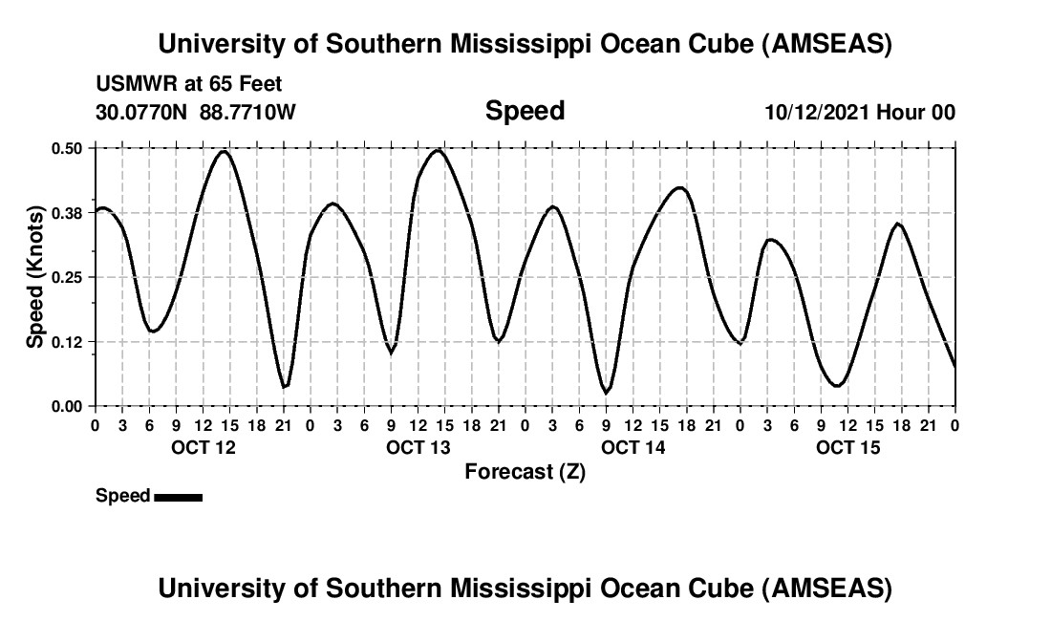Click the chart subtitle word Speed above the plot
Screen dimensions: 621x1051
tap(525, 111)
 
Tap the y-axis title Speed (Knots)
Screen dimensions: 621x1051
tap(35, 276)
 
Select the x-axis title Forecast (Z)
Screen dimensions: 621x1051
tap(525, 471)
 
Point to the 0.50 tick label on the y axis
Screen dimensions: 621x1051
tap(67, 148)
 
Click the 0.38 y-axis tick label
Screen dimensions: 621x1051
tap(67, 213)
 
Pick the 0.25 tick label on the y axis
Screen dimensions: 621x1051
tap(67, 277)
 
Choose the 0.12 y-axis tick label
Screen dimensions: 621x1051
tap(67, 342)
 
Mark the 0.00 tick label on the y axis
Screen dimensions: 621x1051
tap(67, 406)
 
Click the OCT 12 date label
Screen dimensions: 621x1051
tap(202, 447)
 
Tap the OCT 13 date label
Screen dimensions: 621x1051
tap(418, 447)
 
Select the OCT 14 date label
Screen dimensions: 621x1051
tap(633, 447)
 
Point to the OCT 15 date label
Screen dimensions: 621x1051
tap(847, 447)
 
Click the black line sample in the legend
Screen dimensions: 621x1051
tap(178, 497)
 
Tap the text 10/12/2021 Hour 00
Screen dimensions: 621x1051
tap(860, 112)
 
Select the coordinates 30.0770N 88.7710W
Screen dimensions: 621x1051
tap(196, 112)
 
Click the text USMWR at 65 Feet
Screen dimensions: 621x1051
tap(189, 85)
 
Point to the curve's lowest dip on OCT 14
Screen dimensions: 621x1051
tap(606, 392)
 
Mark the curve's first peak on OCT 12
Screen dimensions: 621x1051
tap(225, 151)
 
